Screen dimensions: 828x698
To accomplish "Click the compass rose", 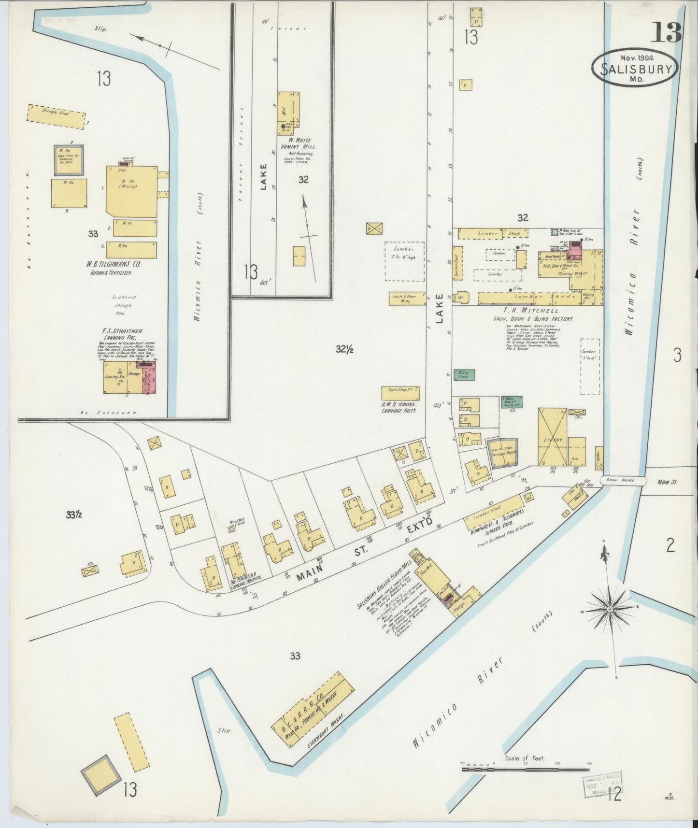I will (610, 610).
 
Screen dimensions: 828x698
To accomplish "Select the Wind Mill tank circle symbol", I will (231, 529).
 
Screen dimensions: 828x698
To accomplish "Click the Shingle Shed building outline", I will (56, 116).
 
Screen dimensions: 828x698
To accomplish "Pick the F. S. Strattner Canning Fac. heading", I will (122, 334).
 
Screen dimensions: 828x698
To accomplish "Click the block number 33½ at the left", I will (74, 515).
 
